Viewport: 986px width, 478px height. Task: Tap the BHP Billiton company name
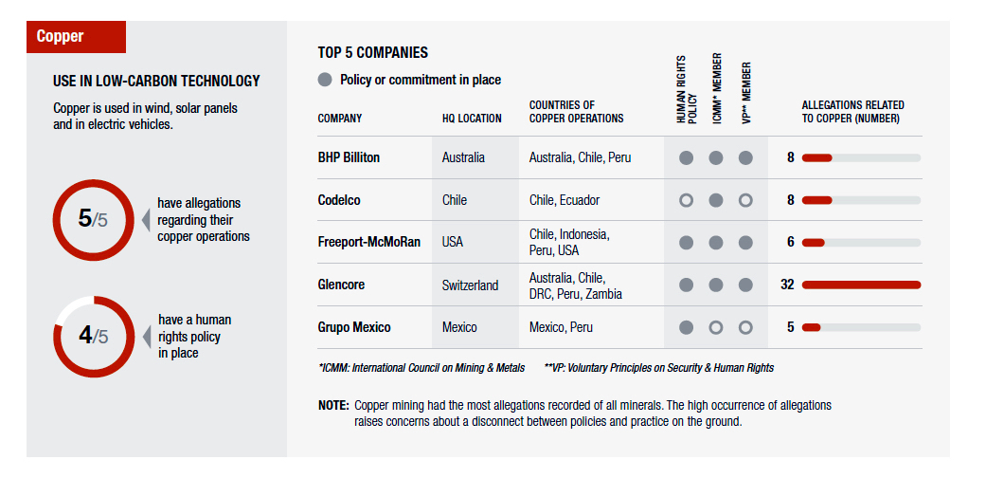click(x=349, y=157)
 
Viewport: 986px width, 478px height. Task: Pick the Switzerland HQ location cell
click(x=470, y=285)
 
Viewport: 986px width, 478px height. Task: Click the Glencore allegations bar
click(x=861, y=285)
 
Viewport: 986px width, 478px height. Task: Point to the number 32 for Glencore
click(x=787, y=285)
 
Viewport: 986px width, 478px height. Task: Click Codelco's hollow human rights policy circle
click(x=687, y=200)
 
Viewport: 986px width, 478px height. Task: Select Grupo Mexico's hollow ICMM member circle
click(x=716, y=327)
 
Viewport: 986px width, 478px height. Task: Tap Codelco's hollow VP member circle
click(x=745, y=200)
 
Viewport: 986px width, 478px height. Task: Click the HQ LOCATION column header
click(x=472, y=119)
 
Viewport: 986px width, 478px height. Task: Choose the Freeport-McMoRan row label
click(x=367, y=242)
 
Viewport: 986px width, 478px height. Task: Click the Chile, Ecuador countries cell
click(x=565, y=200)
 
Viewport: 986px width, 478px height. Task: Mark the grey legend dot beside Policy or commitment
click(x=325, y=80)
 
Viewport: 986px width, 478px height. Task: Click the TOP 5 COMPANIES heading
click(x=373, y=53)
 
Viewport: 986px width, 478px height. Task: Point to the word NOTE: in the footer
click(x=333, y=405)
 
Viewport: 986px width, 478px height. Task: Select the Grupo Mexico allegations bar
click(x=811, y=327)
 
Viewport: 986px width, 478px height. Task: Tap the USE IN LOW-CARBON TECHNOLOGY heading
click(x=156, y=82)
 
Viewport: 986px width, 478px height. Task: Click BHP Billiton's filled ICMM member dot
click(x=716, y=157)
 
